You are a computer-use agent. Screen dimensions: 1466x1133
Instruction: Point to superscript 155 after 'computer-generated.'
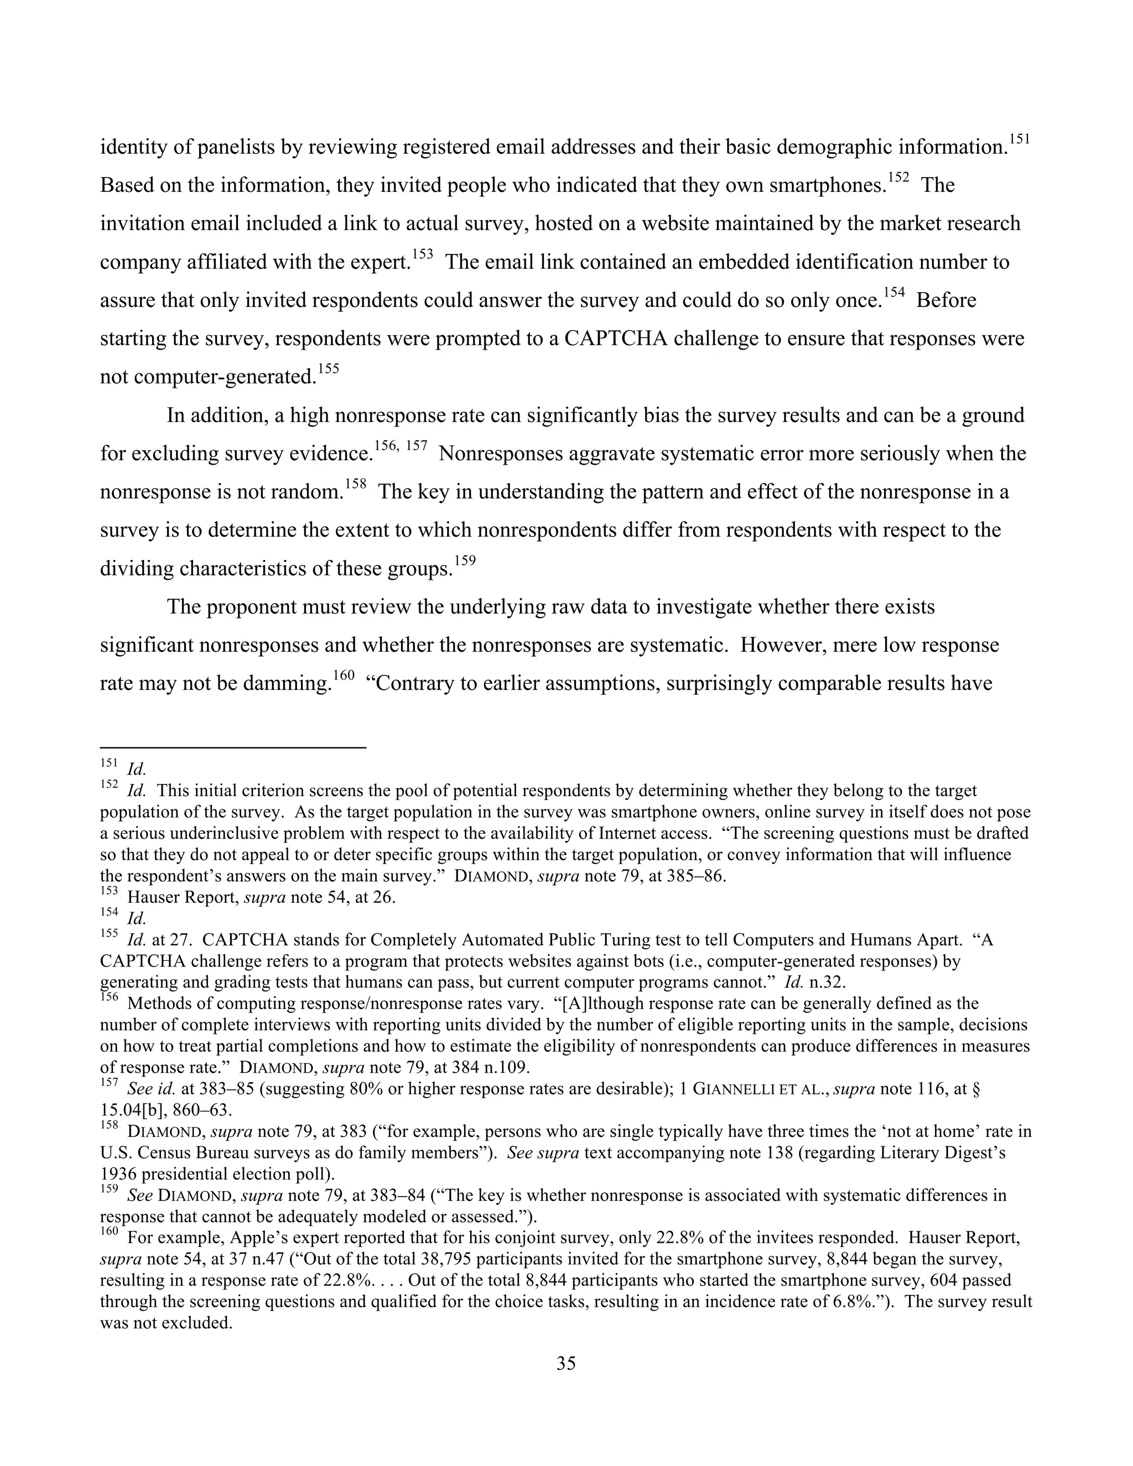(x=328, y=369)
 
